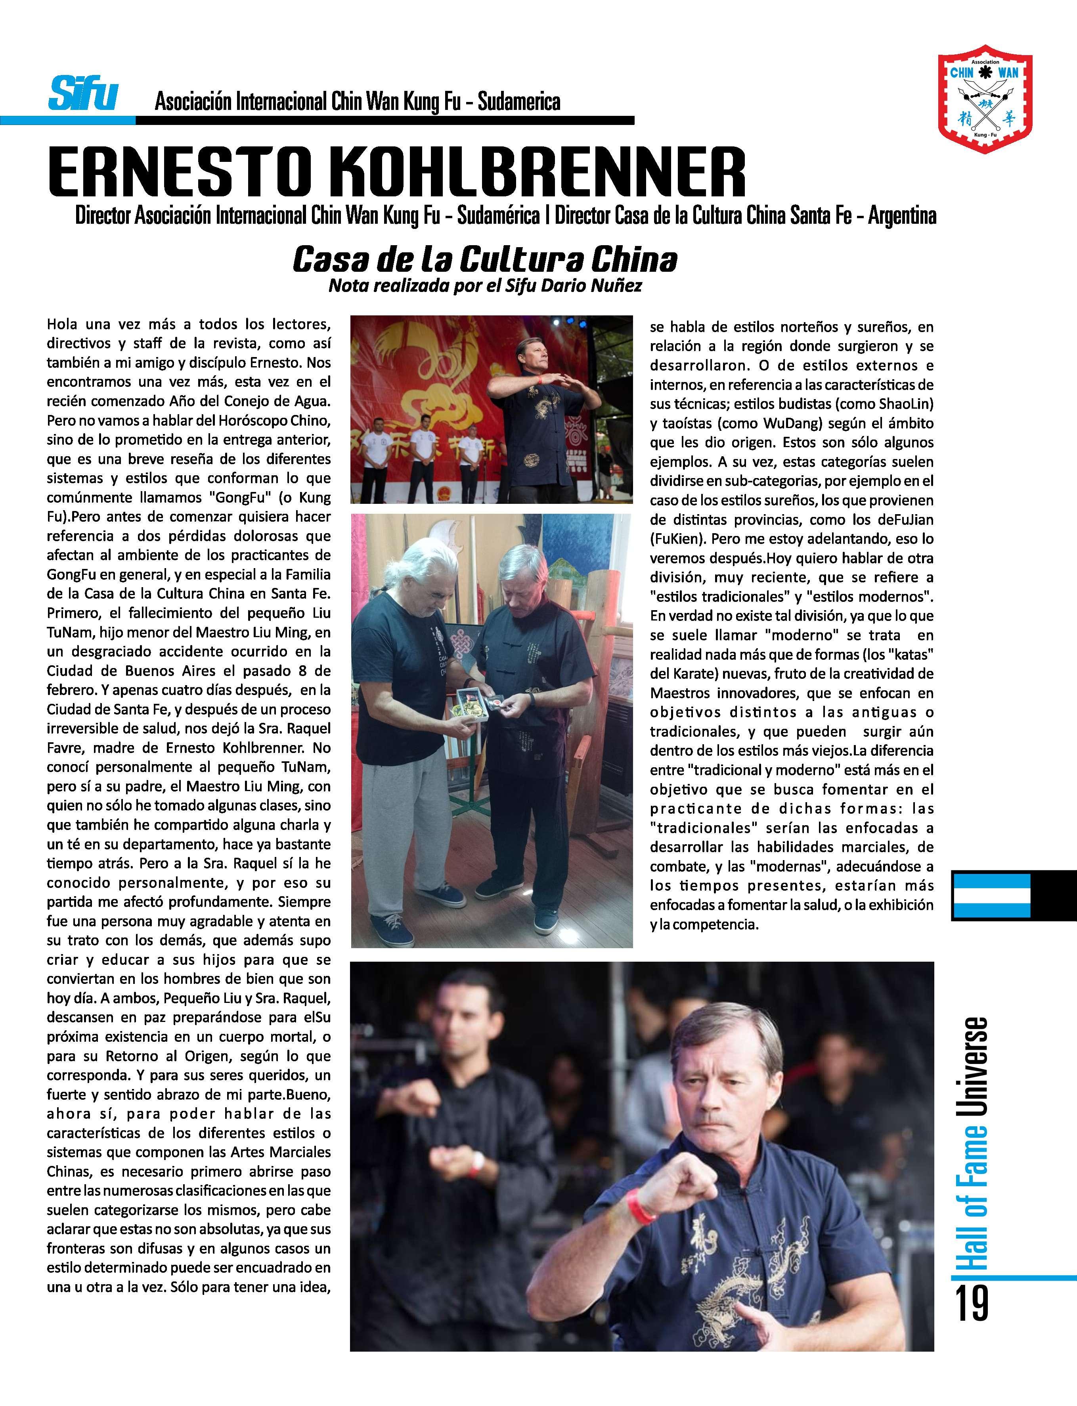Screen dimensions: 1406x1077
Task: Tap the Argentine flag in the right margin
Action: point(991,895)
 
